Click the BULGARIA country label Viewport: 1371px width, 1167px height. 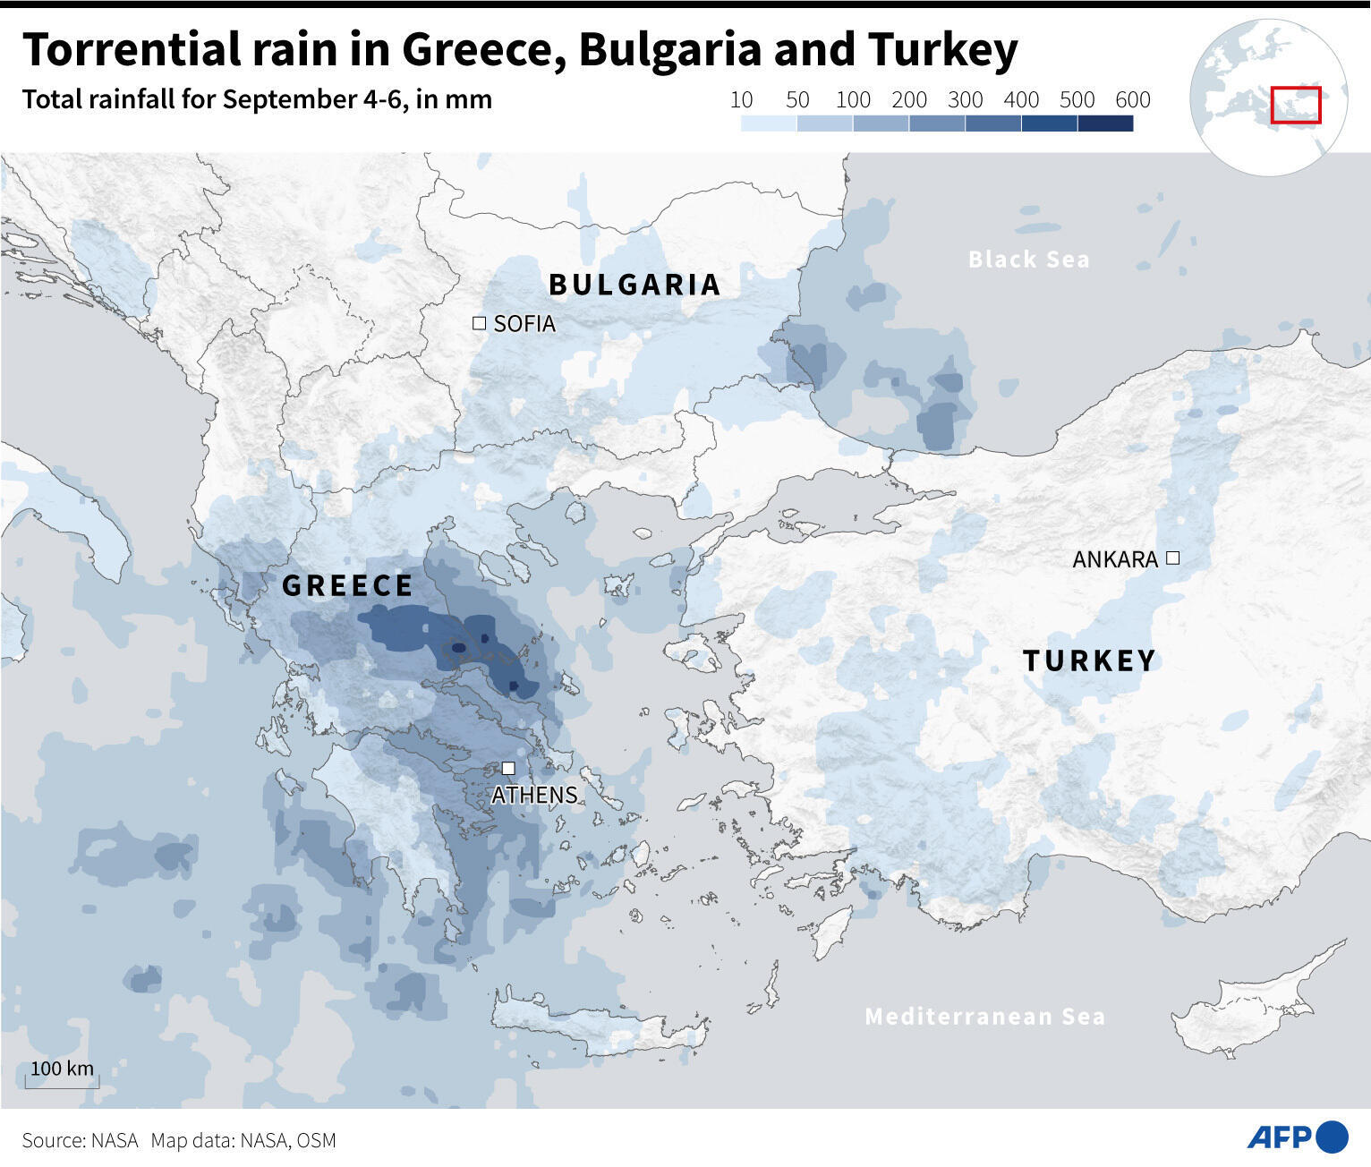click(x=634, y=285)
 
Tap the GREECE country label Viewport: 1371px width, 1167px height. click(x=347, y=585)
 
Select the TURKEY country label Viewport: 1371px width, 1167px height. click(x=1089, y=660)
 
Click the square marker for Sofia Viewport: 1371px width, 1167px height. click(x=479, y=323)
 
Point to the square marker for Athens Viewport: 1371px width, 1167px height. click(x=508, y=768)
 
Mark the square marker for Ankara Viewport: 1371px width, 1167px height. click(x=1172, y=558)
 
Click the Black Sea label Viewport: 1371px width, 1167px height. click(x=1029, y=260)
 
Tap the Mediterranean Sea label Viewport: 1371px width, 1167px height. click(x=984, y=1016)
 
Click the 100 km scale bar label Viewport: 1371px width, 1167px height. click(x=62, y=1069)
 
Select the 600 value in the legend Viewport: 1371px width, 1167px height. click(x=1132, y=99)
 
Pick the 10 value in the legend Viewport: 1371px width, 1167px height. click(x=741, y=99)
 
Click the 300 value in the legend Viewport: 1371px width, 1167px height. click(x=965, y=99)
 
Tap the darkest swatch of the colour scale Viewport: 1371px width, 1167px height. click(x=1105, y=124)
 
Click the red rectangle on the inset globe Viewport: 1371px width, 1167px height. click(x=1296, y=105)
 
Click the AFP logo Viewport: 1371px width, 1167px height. click(x=1298, y=1137)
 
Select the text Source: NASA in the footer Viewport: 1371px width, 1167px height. click(x=81, y=1140)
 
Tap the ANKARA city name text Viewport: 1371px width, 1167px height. click(x=1115, y=559)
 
